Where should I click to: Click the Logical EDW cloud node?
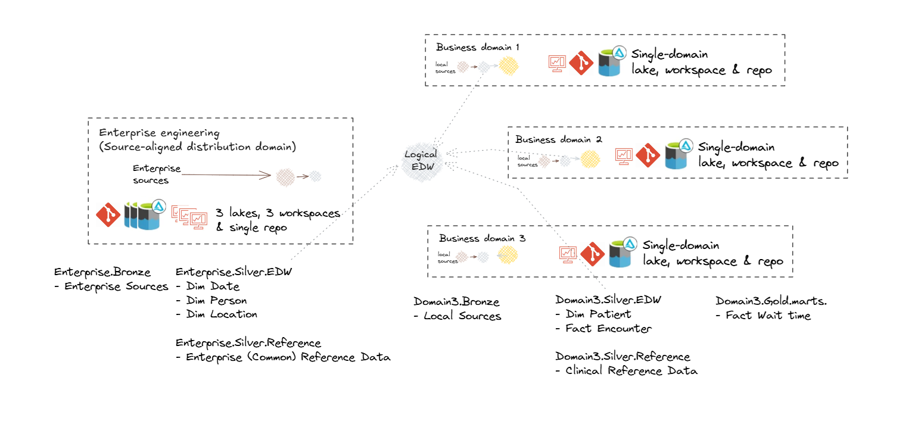click(421, 160)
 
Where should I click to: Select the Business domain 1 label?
click(478, 48)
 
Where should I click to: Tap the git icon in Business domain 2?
click(648, 155)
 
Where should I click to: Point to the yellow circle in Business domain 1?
click(508, 66)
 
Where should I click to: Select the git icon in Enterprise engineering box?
click(108, 216)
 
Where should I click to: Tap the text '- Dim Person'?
click(211, 301)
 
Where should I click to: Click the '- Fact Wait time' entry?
click(763, 316)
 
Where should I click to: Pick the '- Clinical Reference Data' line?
click(626, 371)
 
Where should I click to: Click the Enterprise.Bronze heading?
click(102, 272)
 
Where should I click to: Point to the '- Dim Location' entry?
click(217, 314)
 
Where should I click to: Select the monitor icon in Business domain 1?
click(557, 63)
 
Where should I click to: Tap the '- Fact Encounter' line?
click(603, 329)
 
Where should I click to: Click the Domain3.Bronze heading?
click(456, 302)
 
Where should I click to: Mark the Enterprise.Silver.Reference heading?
click(248, 344)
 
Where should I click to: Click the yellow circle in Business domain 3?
click(508, 255)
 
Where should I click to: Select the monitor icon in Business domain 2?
click(624, 156)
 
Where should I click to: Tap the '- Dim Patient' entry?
click(593, 314)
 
